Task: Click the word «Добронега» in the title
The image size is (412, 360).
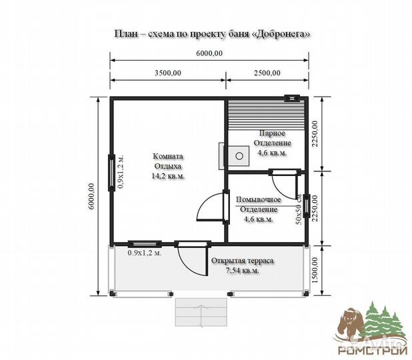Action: pyautogui.click(x=283, y=34)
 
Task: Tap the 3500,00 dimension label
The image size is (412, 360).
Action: pyautogui.click(x=167, y=73)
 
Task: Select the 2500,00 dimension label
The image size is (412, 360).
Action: pyautogui.click(x=267, y=73)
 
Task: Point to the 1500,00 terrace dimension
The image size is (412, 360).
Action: pyautogui.click(x=315, y=270)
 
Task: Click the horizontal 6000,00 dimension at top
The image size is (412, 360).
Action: pyautogui.click(x=209, y=53)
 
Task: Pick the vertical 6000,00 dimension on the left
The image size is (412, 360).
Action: pyautogui.click(x=91, y=196)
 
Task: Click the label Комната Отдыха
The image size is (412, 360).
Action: pyautogui.click(x=168, y=161)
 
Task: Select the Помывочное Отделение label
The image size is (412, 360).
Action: pyautogui.click(x=258, y=205)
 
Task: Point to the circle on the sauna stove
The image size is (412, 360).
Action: pyautogui.click(x=239, y=156)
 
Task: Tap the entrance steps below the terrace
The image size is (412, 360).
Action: pyautogui.click(x=201, y=312)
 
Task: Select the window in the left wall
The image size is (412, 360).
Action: pyautogui.click(x=112, y=173)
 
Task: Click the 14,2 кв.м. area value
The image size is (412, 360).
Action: pyautogui.click(x=168, y=176)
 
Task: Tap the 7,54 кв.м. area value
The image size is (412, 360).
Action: pyautogui.click(x=242, y=271)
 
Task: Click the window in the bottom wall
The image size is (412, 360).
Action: pyautogui.click(x=145, y=244)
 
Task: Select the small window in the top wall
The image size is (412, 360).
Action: pyautogui.click(x=293, y=98)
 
